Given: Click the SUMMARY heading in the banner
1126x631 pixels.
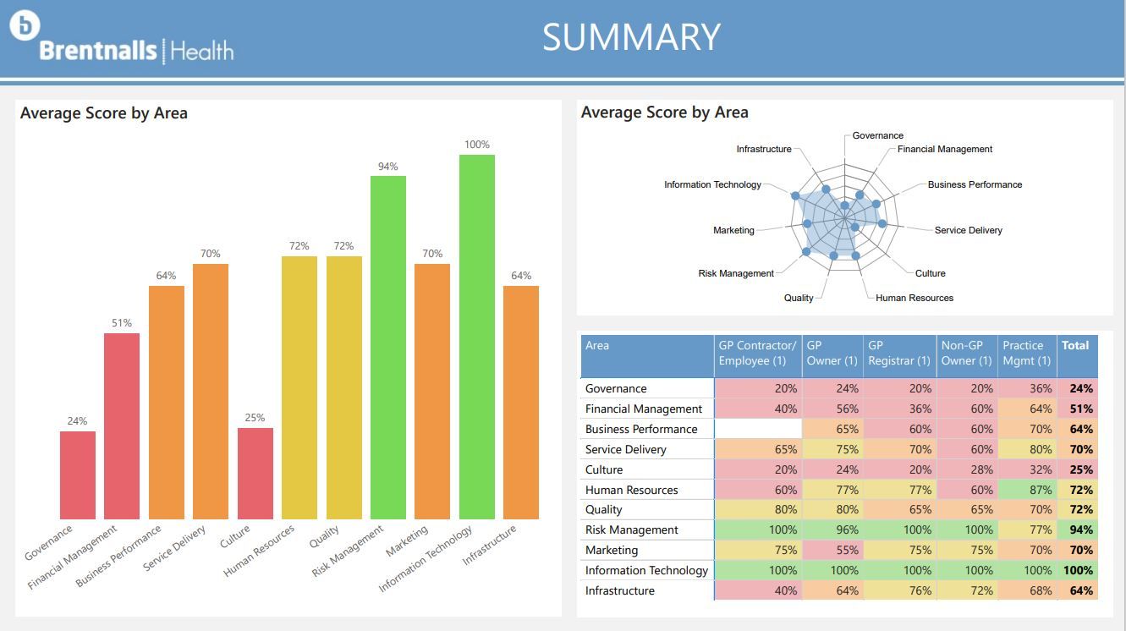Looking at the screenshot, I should tap(631, 37).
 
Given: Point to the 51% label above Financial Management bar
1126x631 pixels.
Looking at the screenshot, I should tap(122, 323).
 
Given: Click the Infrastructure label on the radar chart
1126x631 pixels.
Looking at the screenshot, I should tap(764, 149).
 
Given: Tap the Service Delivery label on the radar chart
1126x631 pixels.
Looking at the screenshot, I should tap(968, 230).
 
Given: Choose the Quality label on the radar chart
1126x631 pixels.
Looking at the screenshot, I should tap(799, 298).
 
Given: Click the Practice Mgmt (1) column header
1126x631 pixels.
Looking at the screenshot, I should tap(1027, 354).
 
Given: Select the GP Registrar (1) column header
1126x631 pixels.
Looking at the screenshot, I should tap(898, 354).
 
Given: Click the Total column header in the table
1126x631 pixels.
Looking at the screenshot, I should tap(1076, 346).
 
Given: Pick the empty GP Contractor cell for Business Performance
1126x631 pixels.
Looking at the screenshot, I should tap(758, 429).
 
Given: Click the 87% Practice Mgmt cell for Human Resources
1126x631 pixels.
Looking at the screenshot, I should tap(1027, 490).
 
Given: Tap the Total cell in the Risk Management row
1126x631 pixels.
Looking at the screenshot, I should tap(1078, 529).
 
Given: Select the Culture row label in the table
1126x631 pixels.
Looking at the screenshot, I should tap(604, 469).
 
